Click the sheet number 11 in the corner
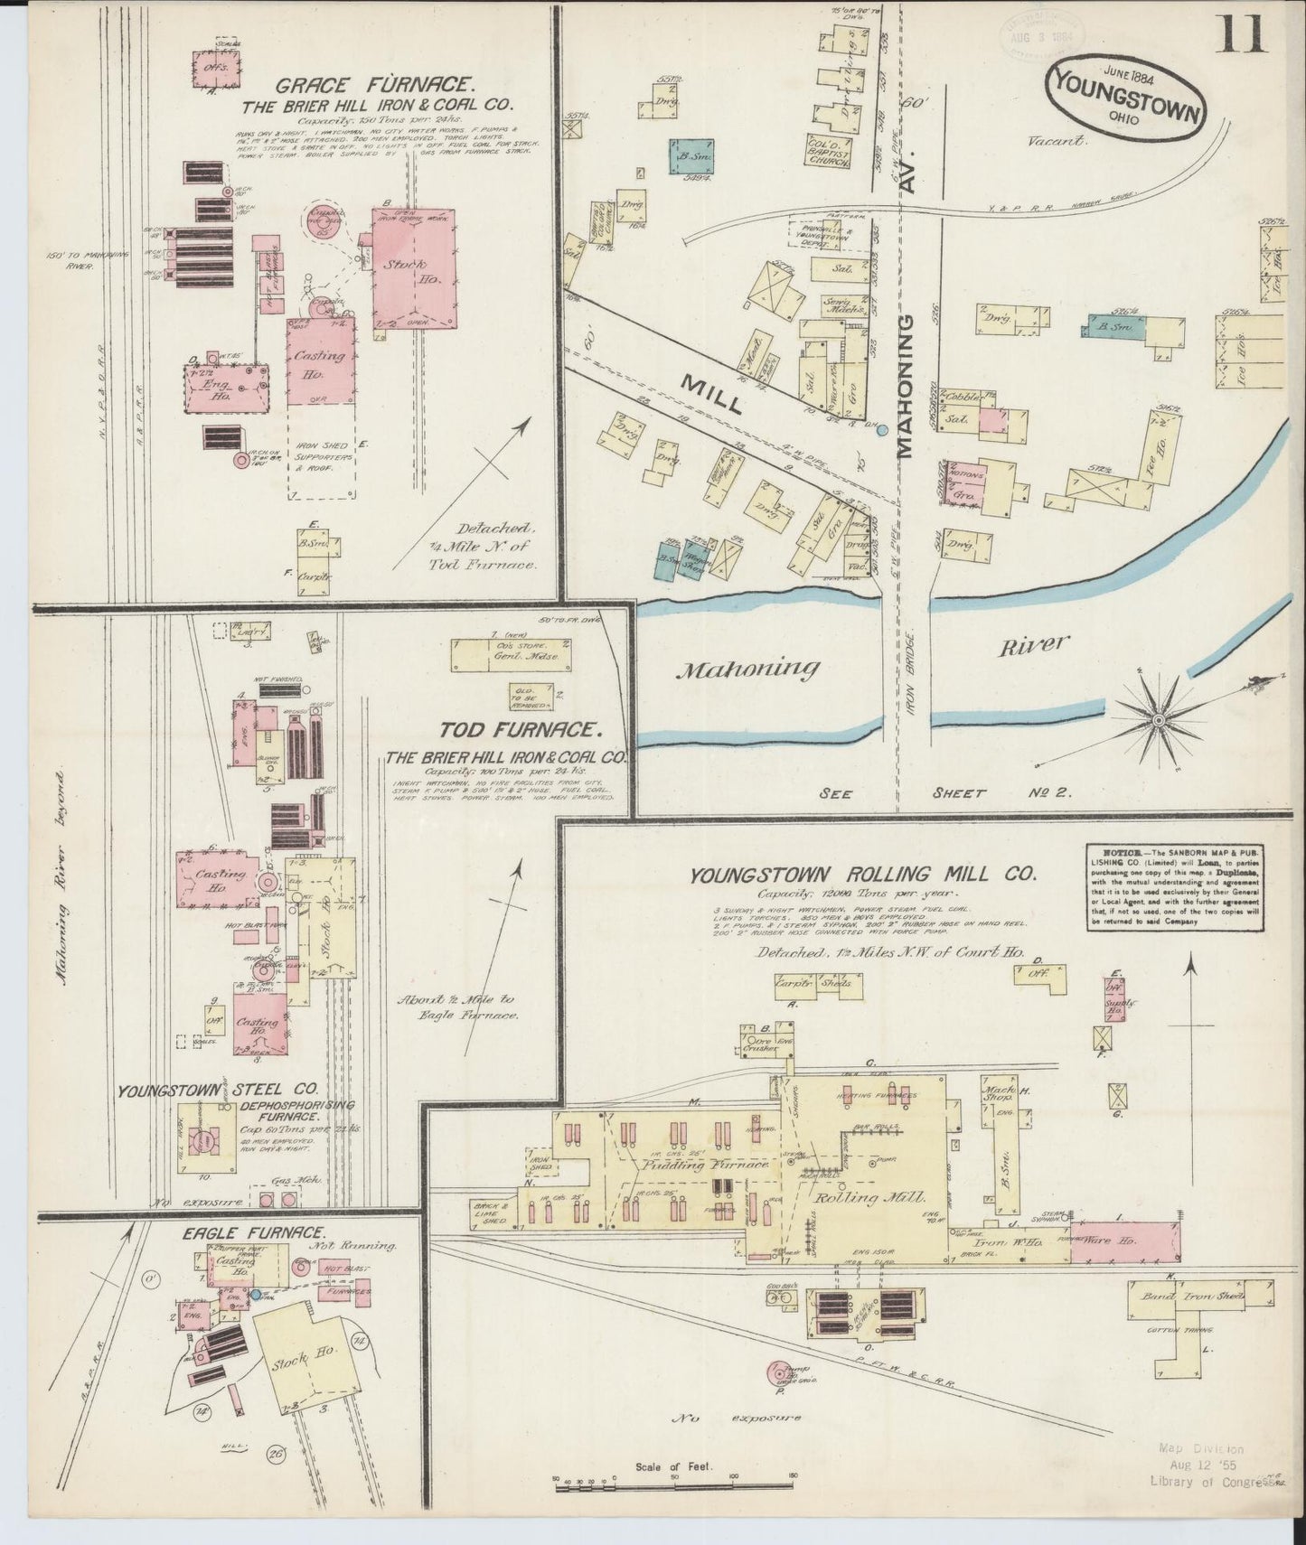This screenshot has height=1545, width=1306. coord(1243,38)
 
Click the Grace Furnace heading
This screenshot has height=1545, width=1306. coord(374,87)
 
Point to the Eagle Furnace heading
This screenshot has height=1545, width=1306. coord(257,1232)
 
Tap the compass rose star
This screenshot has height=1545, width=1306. coord(1157,719)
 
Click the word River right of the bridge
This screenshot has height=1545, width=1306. coord(1034,646)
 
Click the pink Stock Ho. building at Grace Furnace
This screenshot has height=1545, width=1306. coord(413,268)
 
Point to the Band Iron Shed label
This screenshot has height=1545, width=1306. coord(1190,1297)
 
